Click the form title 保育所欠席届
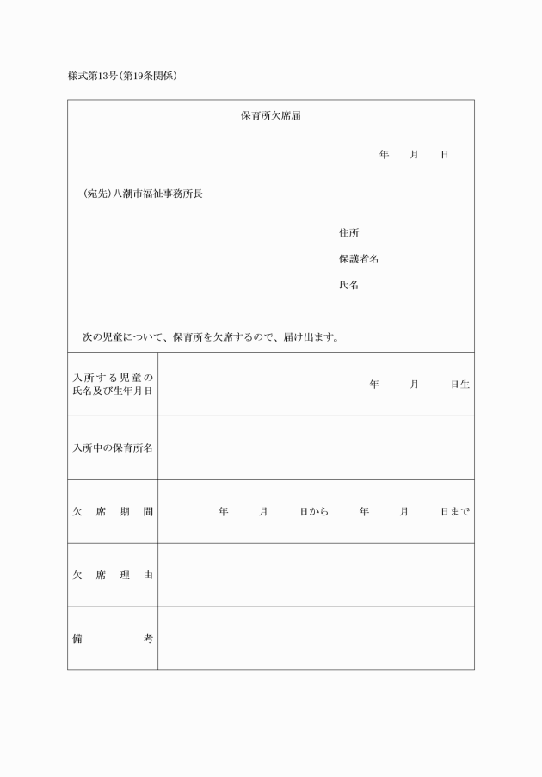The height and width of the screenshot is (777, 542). click(270, 116)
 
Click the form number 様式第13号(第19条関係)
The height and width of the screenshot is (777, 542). click(123, 75)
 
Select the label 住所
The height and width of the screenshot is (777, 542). click(348, 233)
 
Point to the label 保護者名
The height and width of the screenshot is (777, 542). click(359, 259)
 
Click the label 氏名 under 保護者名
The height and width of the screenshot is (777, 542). click(348, 285)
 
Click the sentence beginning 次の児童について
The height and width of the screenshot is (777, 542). click(211, 336)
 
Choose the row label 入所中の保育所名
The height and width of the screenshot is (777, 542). click(113, 448)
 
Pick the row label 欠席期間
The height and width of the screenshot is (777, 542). click(113, 512)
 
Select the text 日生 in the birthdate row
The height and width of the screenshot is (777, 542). click(460, 385)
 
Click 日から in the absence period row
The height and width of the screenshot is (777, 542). click(314, 512)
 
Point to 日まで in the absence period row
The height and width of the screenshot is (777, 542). click(455, 512)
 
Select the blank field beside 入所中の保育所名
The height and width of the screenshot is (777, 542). click(316, 448)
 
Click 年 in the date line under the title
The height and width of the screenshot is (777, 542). click(384, 155)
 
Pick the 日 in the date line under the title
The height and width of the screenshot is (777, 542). click(445, 155)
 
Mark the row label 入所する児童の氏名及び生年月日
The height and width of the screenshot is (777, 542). click(113, 385)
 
